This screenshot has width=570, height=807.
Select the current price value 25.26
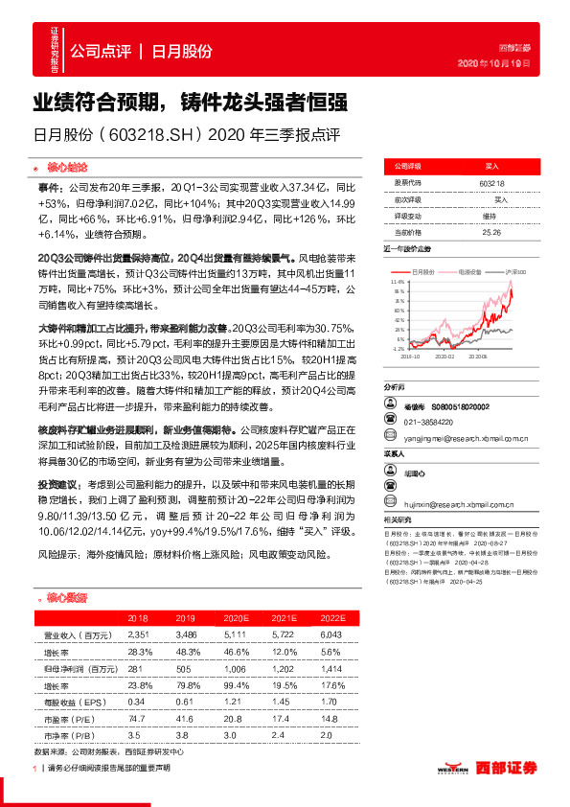click(491, 231)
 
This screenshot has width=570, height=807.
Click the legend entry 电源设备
click(470, 272)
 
